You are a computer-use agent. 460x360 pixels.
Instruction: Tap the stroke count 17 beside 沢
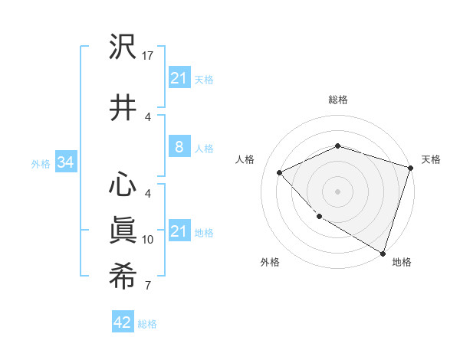[x=149, y=56]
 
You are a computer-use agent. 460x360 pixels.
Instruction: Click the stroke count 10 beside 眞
[x=149, y=240]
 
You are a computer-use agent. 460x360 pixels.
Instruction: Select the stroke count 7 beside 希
[x=147, y=286]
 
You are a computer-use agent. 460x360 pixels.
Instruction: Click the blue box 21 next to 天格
[x=179, y=78]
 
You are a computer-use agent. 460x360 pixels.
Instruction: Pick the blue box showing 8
[x=179, y=147]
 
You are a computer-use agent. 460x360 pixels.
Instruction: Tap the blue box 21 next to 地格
[x=179, y=231]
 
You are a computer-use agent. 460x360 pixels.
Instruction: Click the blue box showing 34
[x=65, y=162]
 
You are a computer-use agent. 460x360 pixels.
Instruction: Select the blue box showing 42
[x=122, y=322]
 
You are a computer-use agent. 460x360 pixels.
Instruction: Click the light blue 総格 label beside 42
[x=148, y=324]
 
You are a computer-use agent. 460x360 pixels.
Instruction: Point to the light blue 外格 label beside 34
[x=41, y=164]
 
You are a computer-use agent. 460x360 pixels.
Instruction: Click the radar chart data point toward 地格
[x=382, y=252]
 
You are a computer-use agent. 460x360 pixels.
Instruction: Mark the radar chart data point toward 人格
[x=281, y=172]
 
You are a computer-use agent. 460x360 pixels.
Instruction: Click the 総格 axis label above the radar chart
[x=338, y=100]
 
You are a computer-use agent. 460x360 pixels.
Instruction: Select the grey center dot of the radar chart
[x=337, y=191]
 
